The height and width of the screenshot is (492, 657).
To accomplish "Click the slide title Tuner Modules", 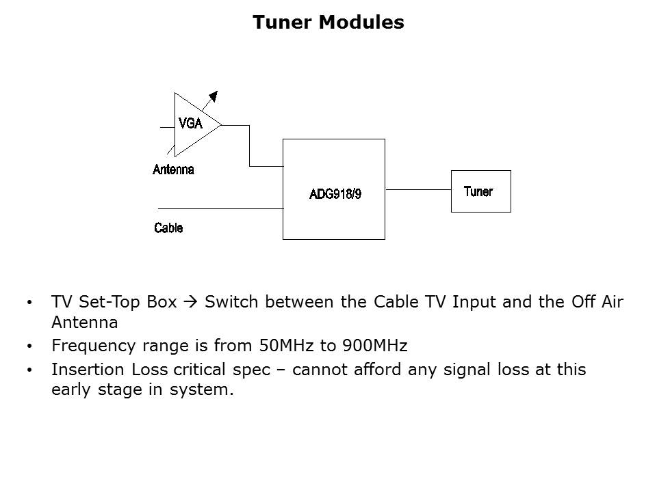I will click(328, 23).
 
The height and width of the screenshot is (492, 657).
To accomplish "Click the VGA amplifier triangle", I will click(192, 124).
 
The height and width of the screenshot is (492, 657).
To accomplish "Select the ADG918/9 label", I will click(335, 194).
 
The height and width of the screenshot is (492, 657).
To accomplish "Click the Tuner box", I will click(480, 191).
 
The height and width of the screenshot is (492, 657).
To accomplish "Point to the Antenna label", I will click(173, 170).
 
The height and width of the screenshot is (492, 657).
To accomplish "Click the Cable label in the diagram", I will click(168, 228).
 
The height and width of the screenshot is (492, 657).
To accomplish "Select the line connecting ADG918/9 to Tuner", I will click(417, 189).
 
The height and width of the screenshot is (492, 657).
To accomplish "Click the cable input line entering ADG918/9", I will click(219, 208).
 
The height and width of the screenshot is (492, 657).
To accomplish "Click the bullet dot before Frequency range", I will click(28, 346).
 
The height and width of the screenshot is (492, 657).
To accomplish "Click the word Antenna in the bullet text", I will click(85, 322).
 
